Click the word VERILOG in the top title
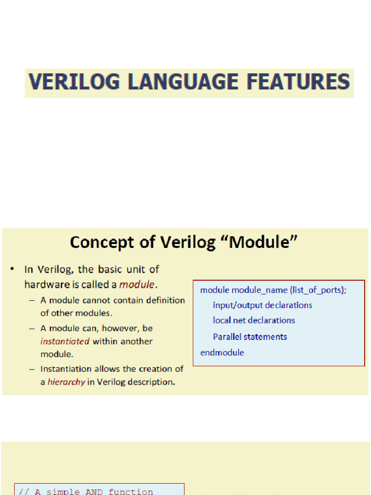click(73, 82)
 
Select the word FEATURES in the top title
click(297, 82)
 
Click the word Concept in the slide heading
click(100, 242)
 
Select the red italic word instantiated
click(65, 341)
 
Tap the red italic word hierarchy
click(66, 382)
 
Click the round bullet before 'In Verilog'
click(13, 269)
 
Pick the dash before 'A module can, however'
click(31, 328)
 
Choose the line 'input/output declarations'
click(262, 305)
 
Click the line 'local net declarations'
click(254, 320)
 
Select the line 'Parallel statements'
click(250, 336)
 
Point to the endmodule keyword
click(222, 352)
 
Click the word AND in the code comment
click(95, 492)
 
